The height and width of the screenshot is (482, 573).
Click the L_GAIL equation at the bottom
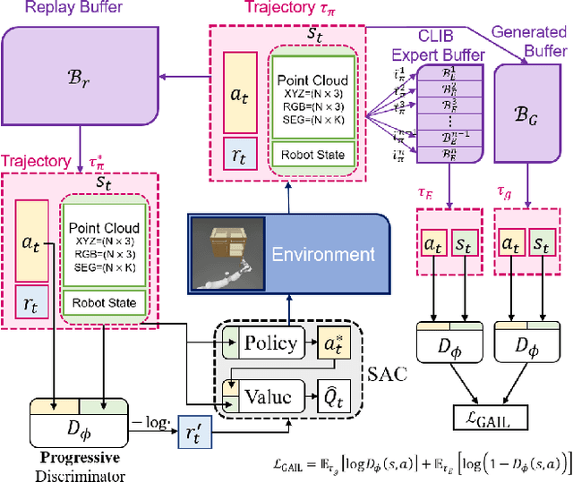tap(421, 463)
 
